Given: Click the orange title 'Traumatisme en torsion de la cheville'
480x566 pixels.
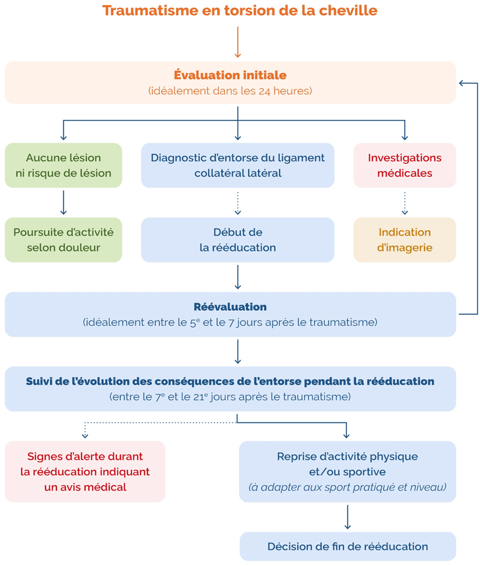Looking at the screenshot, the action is click(240, 10).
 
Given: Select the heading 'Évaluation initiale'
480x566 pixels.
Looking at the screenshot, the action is click(230, 75).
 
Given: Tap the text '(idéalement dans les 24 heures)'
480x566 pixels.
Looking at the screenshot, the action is click(230, 90).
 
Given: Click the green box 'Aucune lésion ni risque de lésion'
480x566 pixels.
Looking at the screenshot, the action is click(63, 165).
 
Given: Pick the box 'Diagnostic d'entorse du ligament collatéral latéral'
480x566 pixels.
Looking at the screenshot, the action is click(238, 165).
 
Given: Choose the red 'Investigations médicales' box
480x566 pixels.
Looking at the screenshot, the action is click(404, 165).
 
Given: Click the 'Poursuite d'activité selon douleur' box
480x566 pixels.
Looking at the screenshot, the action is click(63, 240).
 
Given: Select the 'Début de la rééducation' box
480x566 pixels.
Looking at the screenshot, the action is click(238, 240).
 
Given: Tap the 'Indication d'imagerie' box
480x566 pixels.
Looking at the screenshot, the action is click(404, 240).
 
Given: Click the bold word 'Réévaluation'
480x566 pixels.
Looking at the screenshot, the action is click(230, 307).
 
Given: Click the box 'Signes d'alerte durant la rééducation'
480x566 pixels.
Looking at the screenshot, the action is click(85, 472).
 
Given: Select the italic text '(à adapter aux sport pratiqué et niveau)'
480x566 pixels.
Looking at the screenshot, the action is click(347, 487).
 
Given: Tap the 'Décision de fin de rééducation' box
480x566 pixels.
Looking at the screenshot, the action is click(348, 546).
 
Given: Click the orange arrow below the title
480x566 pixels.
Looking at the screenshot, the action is click(238, 42).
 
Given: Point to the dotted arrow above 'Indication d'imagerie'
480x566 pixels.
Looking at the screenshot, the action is click(404, 203).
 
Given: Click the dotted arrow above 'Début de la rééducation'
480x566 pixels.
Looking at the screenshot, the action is click(238, 203).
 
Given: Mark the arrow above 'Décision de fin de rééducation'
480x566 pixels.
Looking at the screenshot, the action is click(347, 517).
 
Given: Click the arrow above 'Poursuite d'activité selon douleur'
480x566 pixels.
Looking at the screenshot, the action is click(63, 203).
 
